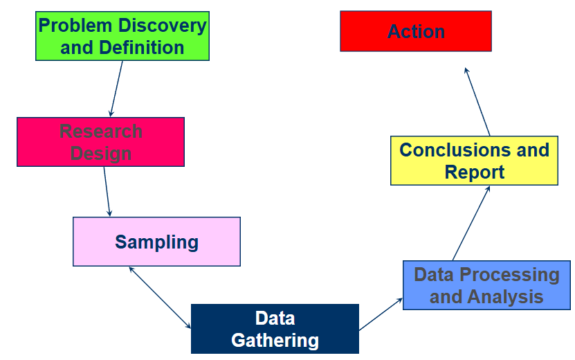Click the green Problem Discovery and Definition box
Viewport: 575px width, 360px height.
(x=122, y=36)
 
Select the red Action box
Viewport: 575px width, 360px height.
(x=415, y=31)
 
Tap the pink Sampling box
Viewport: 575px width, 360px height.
(x=156, y=242)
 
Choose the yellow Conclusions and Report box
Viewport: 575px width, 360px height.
(x=474, y=161)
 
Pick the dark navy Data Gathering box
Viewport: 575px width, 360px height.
(x=275, y=329)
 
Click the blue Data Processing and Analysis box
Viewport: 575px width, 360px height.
(x=486, y=285)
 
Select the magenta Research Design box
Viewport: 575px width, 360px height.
(x=100, y=142)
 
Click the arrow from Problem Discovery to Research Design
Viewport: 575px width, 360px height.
(x=116, y=89)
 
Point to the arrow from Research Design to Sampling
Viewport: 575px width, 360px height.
(x=107, y=191)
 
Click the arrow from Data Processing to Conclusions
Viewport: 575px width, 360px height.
(x=471, y=223)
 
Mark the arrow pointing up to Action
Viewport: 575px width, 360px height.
(x=477, y=101)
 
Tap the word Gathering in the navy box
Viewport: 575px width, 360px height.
(x=275, y=340)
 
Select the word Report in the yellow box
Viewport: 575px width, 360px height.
(x=474, y=172)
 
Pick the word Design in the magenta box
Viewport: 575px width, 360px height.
(x=100, y=153)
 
